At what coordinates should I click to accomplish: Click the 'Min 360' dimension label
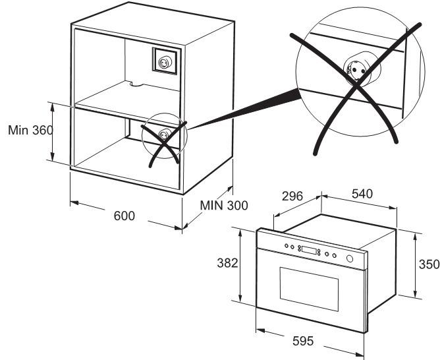pos(30,130)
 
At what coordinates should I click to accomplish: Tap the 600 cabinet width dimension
pos(124,216)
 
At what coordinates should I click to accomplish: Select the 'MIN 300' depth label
pos(224,205)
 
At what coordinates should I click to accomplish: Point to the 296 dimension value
pos(292,196)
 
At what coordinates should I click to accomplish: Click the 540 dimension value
pos(362,194)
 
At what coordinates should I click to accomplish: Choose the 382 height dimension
pos(227,263)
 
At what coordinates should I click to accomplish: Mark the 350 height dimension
pos(429,264)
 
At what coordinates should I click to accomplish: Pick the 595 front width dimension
pos(303,341)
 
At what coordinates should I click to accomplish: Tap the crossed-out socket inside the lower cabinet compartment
pos(163,135)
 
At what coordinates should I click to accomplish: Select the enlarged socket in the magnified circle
pos(358,69)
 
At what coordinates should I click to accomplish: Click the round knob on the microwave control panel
pos(350,258)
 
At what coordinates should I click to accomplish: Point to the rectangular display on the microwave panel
pos(309,250)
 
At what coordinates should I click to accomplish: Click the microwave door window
pos(309,289)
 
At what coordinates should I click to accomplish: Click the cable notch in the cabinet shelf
pos(134,83)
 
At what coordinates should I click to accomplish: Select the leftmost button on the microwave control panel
pos(287,246)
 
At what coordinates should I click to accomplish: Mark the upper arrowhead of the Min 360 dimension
pos(52,106)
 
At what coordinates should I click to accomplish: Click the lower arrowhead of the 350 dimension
pos(416,293)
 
